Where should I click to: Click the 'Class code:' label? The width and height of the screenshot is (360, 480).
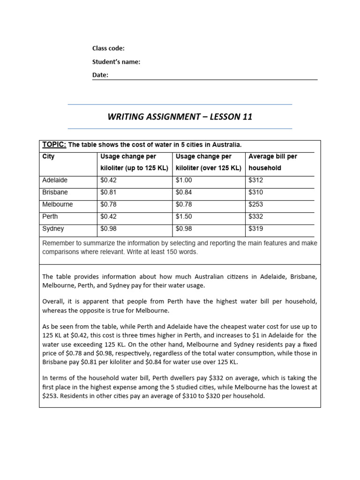pyautogui.click(x=108, y=48)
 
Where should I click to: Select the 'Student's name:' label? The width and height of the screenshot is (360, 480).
pyautogui.click(x=116, y=61)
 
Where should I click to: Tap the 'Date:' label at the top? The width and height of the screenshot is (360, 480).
pyautogui.click(x=100, y=75)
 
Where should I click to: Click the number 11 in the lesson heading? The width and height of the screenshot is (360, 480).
pyautogui.click(x=247, y=117)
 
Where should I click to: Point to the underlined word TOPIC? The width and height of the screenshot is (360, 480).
pyautogui.click(x=54, y=144)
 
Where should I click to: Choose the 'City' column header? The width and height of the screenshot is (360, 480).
pyautogui.click(x=48, y=157)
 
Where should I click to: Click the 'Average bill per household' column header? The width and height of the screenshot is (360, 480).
pyautogui.click(x=272, y=162)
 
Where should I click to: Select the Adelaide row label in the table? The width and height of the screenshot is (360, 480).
pyautogui.click(x=55, y=180)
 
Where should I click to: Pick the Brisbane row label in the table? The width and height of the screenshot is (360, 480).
pyautogui.click(x=55, y=192)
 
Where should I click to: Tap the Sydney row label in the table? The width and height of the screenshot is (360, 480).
pyautogui.click(x=53, y=229)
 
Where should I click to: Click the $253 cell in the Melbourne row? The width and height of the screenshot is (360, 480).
pyautogui.click(x=255, y=204)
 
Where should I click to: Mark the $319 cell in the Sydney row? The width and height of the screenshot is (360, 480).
pyautogui.click(x=255, y=229)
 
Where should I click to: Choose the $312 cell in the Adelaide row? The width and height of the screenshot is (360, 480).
pyautogui.click(x=255, y=180)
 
